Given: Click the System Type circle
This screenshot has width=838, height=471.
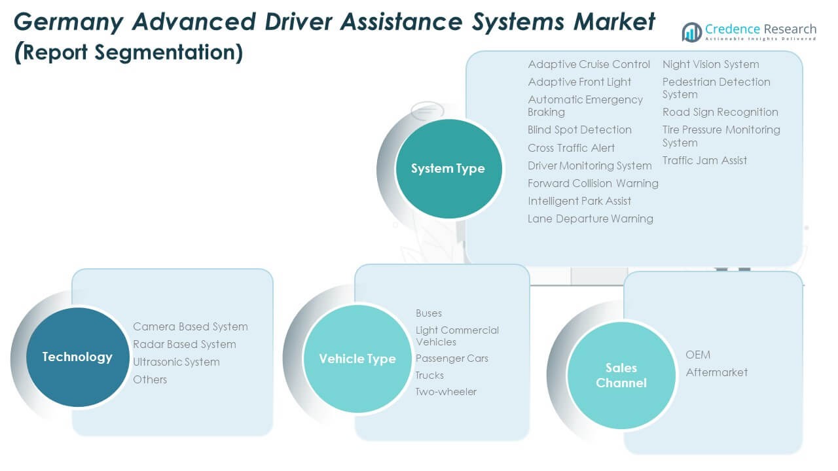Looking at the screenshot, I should point(448,169).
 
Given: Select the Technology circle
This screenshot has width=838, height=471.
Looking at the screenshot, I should point(77,357).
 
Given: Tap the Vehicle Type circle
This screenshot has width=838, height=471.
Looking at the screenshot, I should point(357,358).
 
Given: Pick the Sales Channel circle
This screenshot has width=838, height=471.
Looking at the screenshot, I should point(621,375).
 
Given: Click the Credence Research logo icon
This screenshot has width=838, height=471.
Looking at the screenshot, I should point(691,31).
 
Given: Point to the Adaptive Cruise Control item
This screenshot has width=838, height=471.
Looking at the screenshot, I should point(589,64).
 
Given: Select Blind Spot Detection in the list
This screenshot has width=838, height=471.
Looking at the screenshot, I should point(579,130).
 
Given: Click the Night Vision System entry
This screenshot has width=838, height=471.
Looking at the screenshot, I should point(710,64).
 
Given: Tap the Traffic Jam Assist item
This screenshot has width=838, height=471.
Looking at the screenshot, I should point(704,160).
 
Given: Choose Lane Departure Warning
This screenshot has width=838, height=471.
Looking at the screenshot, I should point(590,218).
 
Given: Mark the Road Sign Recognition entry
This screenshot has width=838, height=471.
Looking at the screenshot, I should point(720,112).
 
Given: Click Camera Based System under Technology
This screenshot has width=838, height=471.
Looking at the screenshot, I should point(190,326).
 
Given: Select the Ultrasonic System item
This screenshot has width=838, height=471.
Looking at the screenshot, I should point(176,362).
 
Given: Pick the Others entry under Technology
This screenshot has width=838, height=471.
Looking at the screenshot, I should point(150,379).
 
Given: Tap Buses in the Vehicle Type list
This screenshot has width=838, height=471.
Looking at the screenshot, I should point(429,313).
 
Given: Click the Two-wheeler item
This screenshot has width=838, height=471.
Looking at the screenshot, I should point(446,392).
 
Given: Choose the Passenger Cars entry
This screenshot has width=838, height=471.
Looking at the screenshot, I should point(452,358).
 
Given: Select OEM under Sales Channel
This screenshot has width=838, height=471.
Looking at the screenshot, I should point(698,355).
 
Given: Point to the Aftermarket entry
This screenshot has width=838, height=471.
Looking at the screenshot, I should point(716,372).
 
